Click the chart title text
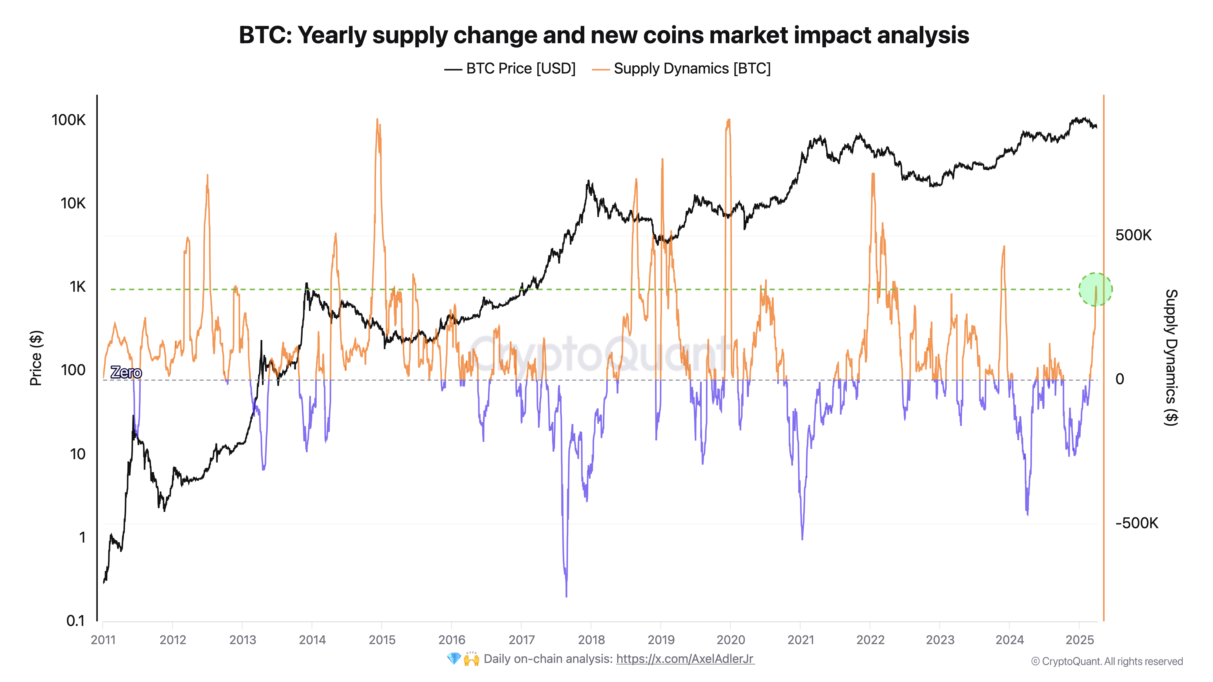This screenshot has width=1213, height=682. tap(604, 35)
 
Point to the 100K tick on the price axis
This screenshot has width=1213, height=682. tap(69, 120)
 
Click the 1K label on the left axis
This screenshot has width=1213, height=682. tap(78, 287)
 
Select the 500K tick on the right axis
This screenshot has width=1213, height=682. tap(1133, 235)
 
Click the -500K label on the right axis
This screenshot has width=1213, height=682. tap(1136, 523)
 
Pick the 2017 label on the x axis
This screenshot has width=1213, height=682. tap(521, 640)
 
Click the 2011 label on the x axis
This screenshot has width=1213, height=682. tap(103, 640)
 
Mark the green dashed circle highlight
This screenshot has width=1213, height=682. tap(1095, 289)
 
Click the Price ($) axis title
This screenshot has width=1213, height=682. tap(36, 358)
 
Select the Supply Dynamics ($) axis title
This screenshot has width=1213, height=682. tap(1171, 358)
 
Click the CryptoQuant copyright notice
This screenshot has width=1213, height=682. tap(1107, 661)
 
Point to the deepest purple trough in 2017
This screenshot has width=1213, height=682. tap(566, 595)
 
